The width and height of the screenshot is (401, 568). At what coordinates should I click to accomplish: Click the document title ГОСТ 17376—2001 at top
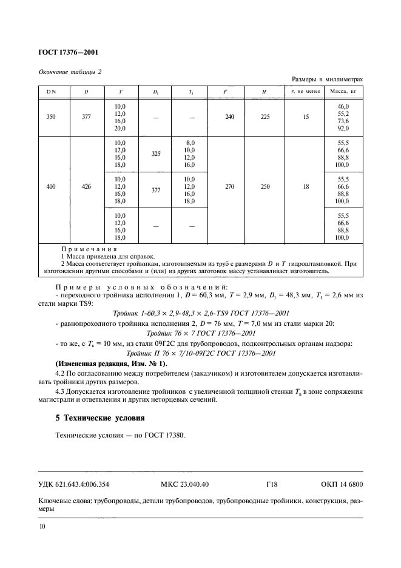tap(66, 53)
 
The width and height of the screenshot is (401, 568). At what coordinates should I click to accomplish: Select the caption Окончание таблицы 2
tap(70, 72)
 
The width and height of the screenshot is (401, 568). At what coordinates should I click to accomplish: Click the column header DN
tap(50, 92)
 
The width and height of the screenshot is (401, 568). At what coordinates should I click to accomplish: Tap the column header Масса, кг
tap(342, 92)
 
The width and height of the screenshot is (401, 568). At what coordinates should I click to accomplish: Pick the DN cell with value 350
tap(50, 117)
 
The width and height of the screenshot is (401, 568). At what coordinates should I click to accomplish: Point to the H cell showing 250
tap(265, 188)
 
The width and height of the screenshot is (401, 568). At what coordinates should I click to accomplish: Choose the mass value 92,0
tap(343, 129)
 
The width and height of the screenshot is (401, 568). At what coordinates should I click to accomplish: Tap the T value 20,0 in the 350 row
tap(120, 129)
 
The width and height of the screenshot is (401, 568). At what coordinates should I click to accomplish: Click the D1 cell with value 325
tap(156, 154)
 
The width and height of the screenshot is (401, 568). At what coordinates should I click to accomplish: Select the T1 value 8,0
tap(190, 143)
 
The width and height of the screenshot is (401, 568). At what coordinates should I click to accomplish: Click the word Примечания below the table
tap(89, 249)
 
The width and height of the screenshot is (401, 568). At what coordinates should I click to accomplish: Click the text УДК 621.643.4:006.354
tap(76, 484)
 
